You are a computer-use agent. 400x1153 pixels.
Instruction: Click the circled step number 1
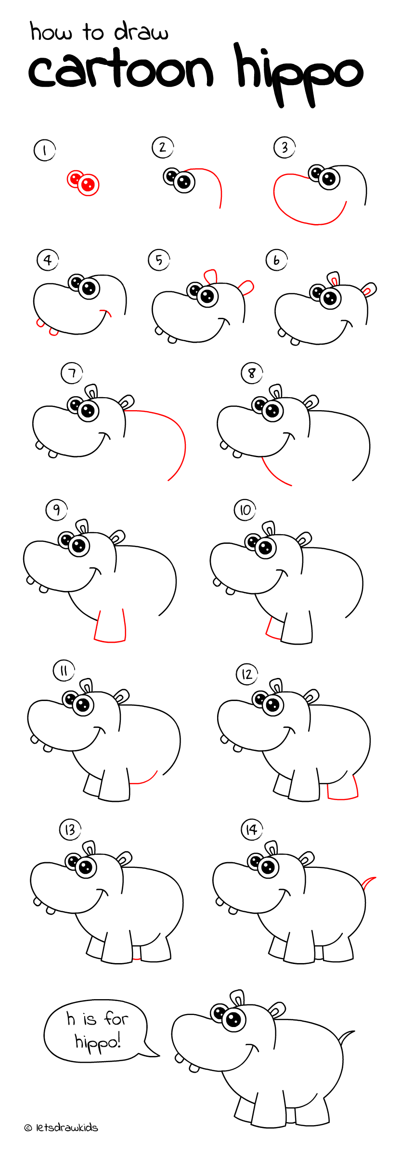pos(45,150)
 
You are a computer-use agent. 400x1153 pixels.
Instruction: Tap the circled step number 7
pos(72,373)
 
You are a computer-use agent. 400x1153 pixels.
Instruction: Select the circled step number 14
pos(251,829)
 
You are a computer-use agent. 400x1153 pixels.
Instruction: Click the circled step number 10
pos(245,510)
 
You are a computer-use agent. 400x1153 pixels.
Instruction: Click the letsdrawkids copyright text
pos(61,1128)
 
